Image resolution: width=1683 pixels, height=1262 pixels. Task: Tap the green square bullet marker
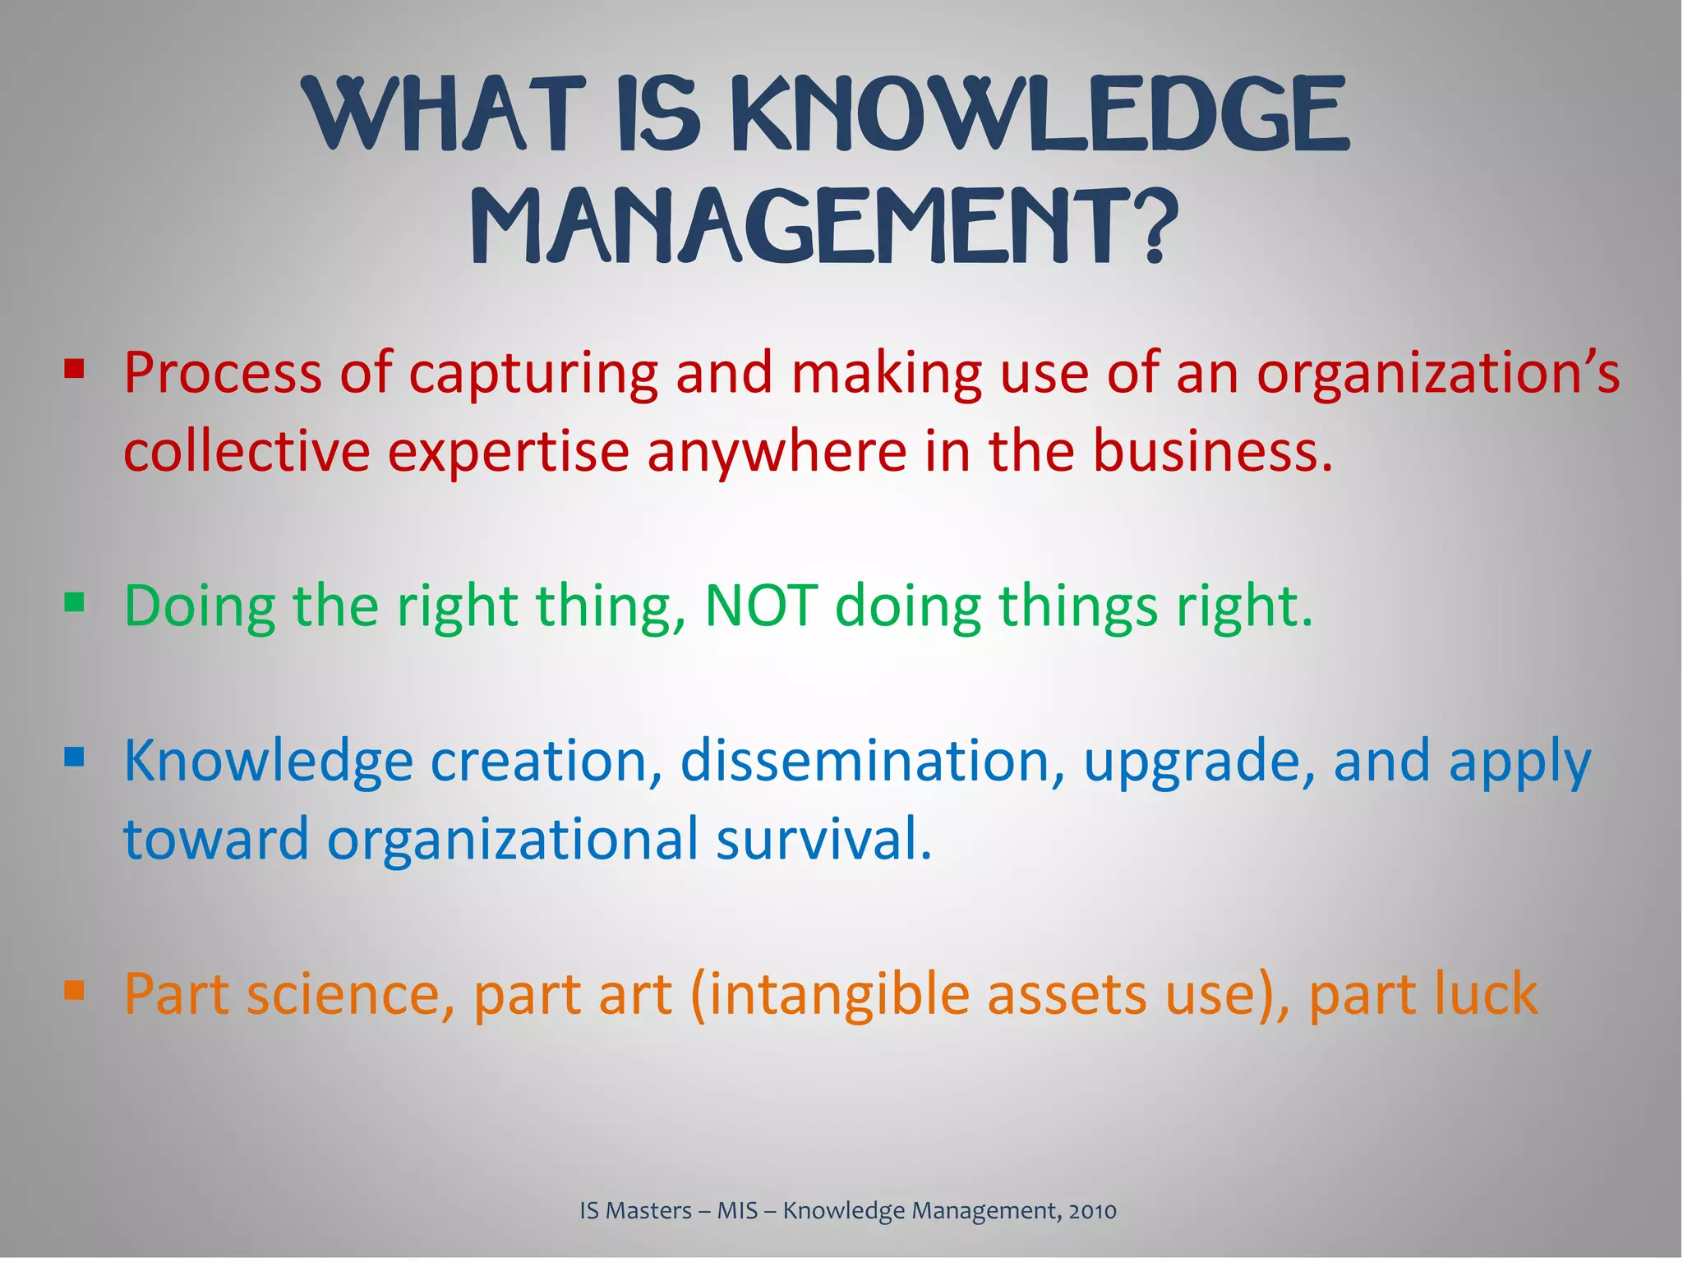tap(74, 604)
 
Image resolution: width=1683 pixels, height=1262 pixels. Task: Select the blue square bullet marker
tap(74, 756)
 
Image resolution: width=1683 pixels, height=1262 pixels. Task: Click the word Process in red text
tap(223, 374)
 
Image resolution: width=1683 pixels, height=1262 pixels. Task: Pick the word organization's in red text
tap(1437, 374)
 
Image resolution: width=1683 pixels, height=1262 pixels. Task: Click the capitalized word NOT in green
tap(761, 606)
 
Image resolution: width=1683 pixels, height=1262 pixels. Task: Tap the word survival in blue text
tap(823, 839)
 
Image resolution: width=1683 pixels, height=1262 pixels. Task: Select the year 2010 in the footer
tap(1092, 1210)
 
